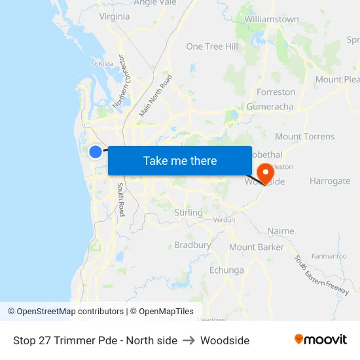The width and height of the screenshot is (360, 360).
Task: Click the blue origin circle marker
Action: [x=96, y=152]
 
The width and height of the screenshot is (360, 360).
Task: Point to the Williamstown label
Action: [x=271, y=20]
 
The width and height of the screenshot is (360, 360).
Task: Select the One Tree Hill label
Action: [x=212, y=46]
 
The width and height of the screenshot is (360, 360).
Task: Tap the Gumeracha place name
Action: [x=270, y=107]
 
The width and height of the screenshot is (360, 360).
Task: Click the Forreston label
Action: [x=276, y=92]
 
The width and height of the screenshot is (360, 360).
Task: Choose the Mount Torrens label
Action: [x=304, y=137]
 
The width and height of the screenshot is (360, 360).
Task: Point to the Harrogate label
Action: [x=330, y=181]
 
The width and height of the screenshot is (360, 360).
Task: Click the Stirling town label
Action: [x=189, y=213]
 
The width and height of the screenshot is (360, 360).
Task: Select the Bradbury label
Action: [x=192, y=245]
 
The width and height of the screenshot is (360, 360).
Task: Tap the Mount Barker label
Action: [x=257, y=247]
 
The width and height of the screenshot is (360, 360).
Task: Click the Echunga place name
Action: [x=226, y=270]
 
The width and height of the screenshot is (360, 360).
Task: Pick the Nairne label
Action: [x=281, y=231]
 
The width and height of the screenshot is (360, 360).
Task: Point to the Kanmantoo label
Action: [x=329, y=256]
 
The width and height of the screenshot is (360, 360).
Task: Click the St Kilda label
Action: [x=103, y=64]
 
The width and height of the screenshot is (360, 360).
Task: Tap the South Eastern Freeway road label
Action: [x=321, y=276]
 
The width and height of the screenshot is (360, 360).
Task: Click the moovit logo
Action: [x=321, y=340]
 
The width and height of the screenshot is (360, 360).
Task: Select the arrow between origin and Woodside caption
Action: [x=189, y=340]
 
